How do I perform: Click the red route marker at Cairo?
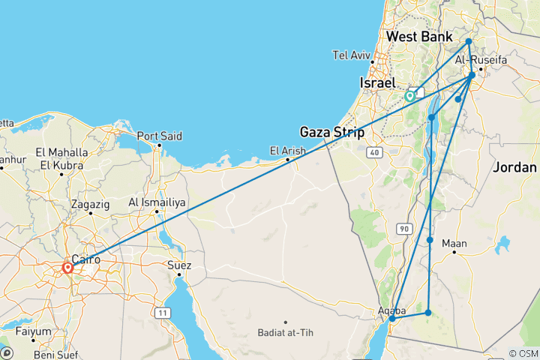[67, 267]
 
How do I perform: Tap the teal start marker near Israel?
[410, 96]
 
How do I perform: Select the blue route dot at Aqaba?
[391, 319]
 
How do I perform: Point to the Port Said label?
[159, 136]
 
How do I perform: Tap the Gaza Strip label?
[332, 133]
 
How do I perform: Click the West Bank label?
[419, 37]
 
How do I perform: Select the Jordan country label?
[515, 168]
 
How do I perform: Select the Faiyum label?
[35, 331]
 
